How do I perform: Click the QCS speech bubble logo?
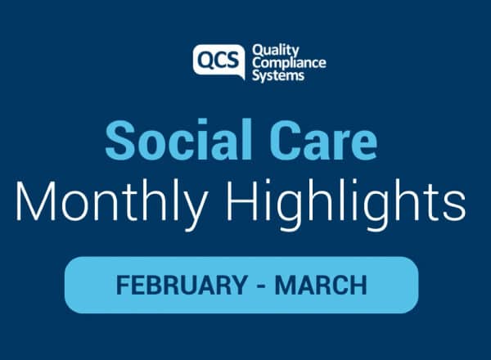pos(218,61)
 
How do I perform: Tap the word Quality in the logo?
pos(276,52)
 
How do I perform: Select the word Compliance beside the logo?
pos(290,64)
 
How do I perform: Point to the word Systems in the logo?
pos(278,76)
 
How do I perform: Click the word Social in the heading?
pos(178,140)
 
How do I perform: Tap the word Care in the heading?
pos(324,140)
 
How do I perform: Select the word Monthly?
pos(112,204)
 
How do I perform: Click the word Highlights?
pos(346,204)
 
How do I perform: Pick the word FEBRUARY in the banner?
pos(182,285)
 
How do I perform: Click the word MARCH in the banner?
pos(321,285)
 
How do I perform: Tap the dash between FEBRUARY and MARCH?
pos(262,286)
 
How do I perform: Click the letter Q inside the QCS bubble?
pos(206,60)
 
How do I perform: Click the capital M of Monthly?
pos(35,200)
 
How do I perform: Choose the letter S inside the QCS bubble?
pos(233,60)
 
